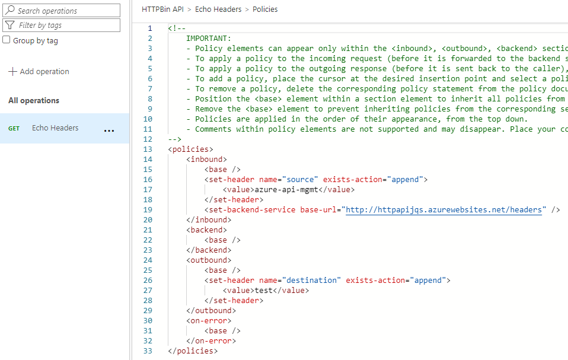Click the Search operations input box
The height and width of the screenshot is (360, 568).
click(65, 11)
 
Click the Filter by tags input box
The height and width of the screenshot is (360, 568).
click(65, 26)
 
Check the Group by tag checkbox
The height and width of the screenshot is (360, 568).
click(7, 40)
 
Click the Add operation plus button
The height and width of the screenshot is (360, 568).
click(12, 72)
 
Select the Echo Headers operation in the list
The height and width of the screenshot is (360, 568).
click(55, 128)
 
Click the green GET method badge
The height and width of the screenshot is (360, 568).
click(14, 129)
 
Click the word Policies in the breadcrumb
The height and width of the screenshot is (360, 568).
click(265, 9)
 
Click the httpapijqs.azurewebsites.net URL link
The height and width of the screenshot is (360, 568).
click(443, 210)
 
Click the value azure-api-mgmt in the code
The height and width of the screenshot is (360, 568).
click(287, 190)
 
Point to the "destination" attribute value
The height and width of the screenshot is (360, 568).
click(311, 281)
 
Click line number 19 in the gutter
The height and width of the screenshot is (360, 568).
click(148, 210)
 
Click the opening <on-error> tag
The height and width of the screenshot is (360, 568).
click(209, 321)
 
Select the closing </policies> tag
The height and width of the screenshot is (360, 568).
click(193, 351)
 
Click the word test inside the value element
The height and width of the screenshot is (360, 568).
click(264, 291)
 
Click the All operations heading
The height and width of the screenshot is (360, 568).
click(34, 101)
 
